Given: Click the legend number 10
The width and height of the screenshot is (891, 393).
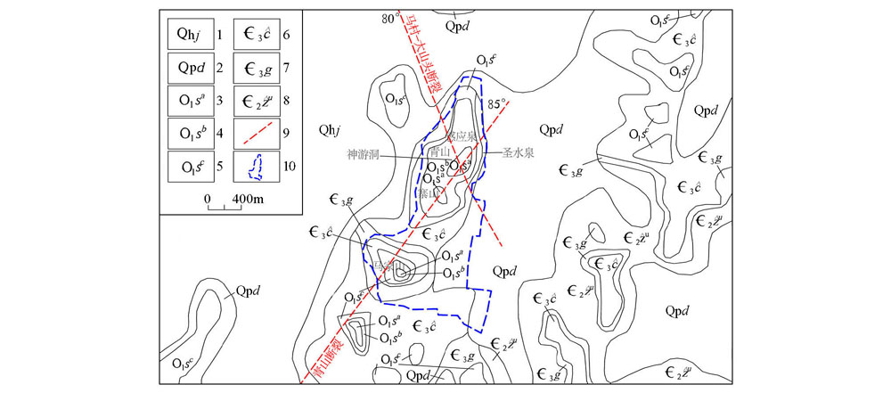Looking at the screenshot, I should (x=289, y=167).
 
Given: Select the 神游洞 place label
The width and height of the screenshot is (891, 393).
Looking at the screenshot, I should (x=364, y=153).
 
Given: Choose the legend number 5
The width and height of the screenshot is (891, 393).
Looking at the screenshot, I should (x=218, y=167).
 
